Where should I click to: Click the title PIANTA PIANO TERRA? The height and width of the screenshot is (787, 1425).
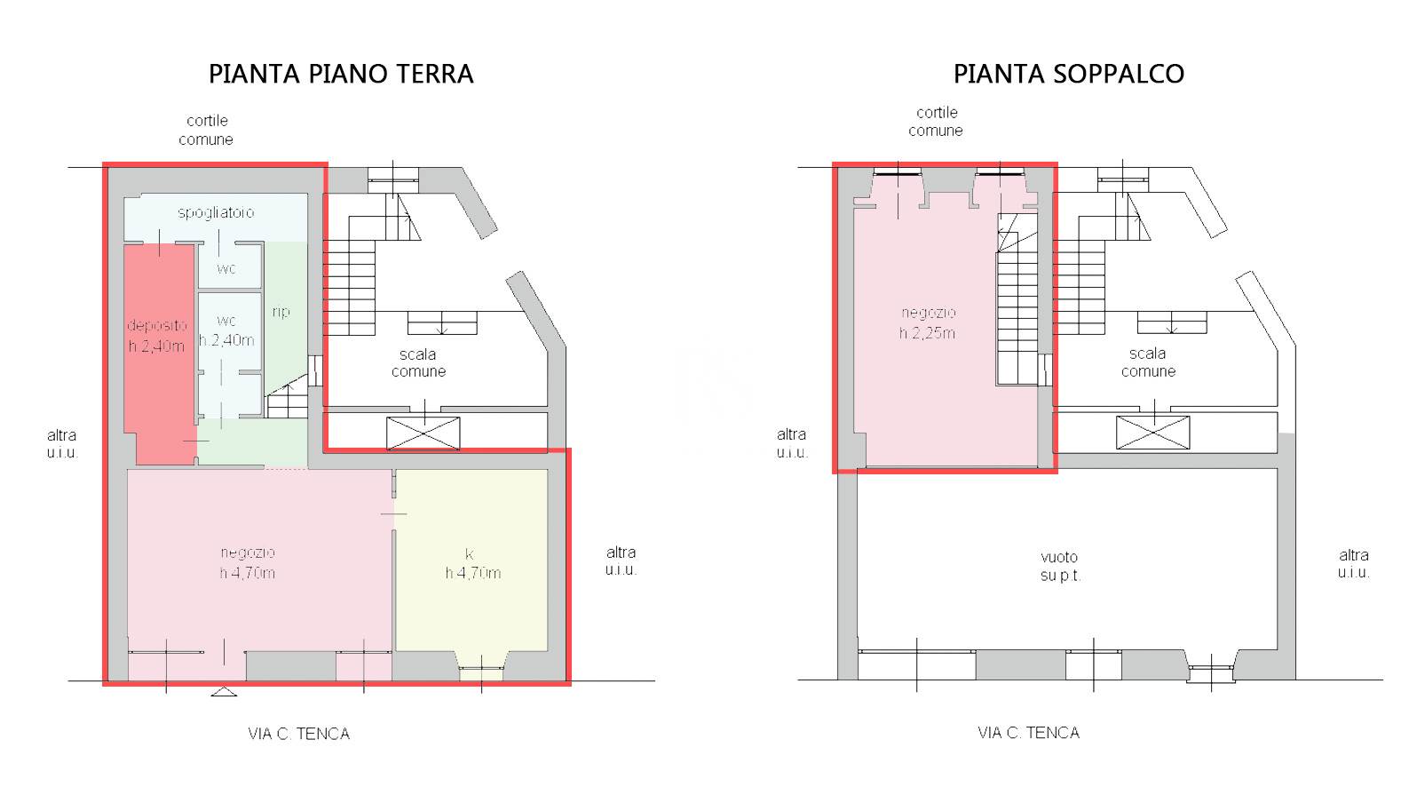point(341,74)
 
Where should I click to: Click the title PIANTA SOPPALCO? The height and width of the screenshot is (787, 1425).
point(1069,74)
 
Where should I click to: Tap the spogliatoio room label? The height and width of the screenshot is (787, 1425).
point(216,212)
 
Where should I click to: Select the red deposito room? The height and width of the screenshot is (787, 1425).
point(159,354)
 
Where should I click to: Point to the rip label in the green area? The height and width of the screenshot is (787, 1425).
point(281,312)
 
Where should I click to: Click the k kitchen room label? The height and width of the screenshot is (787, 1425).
point(472,564)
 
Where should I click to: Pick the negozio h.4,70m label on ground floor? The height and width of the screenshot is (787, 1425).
point(248,563)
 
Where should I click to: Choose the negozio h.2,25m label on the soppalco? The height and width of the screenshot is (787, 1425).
point(928,322)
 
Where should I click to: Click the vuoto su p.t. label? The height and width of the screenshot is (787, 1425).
point(1060,566)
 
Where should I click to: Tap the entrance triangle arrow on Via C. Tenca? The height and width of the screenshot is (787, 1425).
point(224,692)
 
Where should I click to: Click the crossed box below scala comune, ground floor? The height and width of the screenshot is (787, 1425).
point(423,433)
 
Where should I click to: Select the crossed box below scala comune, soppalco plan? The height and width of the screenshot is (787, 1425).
point(1152,433)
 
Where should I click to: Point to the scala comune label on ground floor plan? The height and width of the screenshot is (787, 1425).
point(418,362)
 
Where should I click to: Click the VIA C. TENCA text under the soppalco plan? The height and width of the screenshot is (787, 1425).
point(1029,733)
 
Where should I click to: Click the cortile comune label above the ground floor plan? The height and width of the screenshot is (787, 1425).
point(206,130)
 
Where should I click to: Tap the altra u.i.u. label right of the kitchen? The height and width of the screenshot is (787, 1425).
point(621,560)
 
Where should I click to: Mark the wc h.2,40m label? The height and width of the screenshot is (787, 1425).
point(226,330)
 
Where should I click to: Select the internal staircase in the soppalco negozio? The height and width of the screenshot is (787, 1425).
point(1017,299)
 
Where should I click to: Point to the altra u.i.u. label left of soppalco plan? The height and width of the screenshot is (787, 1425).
point(792,443)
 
